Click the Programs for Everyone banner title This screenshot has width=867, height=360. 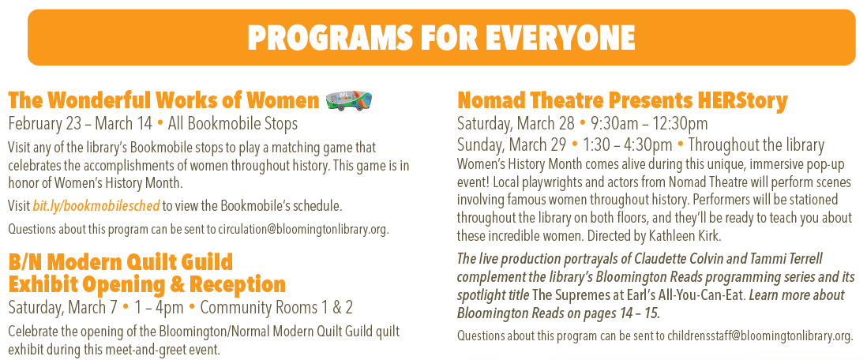click(x=441, y=36)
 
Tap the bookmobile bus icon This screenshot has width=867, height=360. click(x=348, y=100)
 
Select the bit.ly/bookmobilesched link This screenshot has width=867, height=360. click(x=96, y=206)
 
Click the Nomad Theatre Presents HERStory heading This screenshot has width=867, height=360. click(x=622, y=101)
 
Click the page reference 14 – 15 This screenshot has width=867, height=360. click(x=634, y=313)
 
